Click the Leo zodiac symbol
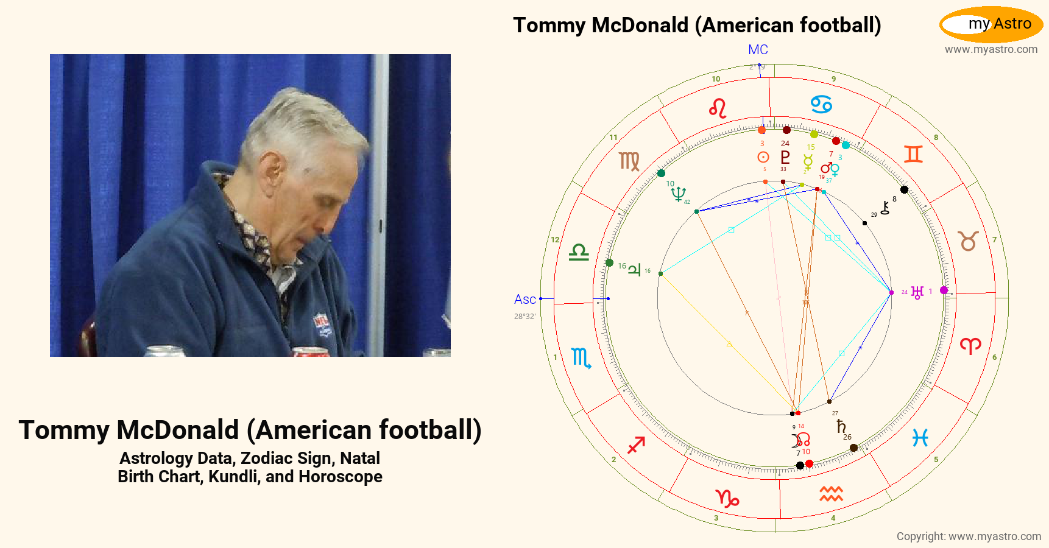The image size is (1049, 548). (718, 109)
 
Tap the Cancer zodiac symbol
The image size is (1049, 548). (821, 104)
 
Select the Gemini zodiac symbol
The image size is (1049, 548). (913, 154)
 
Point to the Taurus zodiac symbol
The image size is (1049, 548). (969, 241)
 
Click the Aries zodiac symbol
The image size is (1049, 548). (970, 346)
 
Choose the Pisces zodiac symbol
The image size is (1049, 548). (920, 437)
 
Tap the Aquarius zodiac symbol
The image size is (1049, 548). (831, 494)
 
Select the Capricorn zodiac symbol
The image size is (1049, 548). (727, 499)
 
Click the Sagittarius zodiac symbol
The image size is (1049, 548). (636, 445)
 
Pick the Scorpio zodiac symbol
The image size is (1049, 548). (581, 358)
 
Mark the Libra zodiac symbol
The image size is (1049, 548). (579, 252)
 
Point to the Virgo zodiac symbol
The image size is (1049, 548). (629, 161)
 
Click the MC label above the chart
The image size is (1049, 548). (758, 50)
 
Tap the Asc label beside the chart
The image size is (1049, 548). (524, 300)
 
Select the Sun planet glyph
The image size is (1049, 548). (763, 157)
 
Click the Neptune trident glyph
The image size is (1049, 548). (677, 194)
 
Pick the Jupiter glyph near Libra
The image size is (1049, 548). (634, 269)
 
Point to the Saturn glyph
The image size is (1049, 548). (841, 426)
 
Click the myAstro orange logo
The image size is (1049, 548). (991, 24)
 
